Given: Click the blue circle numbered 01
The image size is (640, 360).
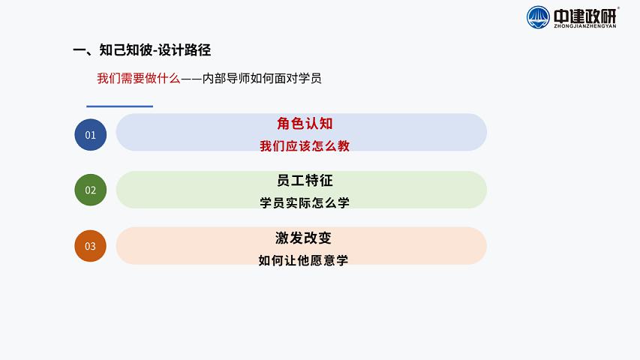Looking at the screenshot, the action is point(91,135).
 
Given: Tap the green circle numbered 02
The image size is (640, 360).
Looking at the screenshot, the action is point(91,190).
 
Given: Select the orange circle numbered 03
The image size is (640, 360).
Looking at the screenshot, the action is point(91,246).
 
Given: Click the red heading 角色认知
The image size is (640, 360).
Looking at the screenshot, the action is point(305,123).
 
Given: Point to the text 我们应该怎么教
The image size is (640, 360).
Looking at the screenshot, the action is point(305,145).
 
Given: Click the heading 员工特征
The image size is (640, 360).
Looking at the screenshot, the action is point(305,181).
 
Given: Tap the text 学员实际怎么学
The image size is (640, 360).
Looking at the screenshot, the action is point(305,202).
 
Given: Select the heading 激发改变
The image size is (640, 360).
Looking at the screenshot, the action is point(303,238).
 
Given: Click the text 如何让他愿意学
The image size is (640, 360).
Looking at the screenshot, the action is point(303,260).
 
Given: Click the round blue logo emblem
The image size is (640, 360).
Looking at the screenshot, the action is point(538,17).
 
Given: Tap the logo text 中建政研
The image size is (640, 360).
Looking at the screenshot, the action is point(585,16).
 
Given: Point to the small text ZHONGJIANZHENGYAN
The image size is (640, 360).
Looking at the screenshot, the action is point(585,26).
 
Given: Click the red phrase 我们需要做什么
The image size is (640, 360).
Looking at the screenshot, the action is point(139,78).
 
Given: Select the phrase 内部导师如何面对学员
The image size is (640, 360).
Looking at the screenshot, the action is point(262,78).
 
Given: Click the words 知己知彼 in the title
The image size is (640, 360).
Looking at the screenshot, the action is point(125,49).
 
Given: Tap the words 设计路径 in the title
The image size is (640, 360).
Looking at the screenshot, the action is point(185,49).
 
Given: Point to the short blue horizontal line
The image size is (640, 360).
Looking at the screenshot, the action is point(119,106).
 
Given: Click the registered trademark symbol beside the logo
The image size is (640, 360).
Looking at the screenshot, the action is point(618,7).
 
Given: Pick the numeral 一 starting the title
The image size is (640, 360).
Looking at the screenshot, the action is point(80,50).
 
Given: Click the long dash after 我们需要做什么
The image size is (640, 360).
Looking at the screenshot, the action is point(191,78).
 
